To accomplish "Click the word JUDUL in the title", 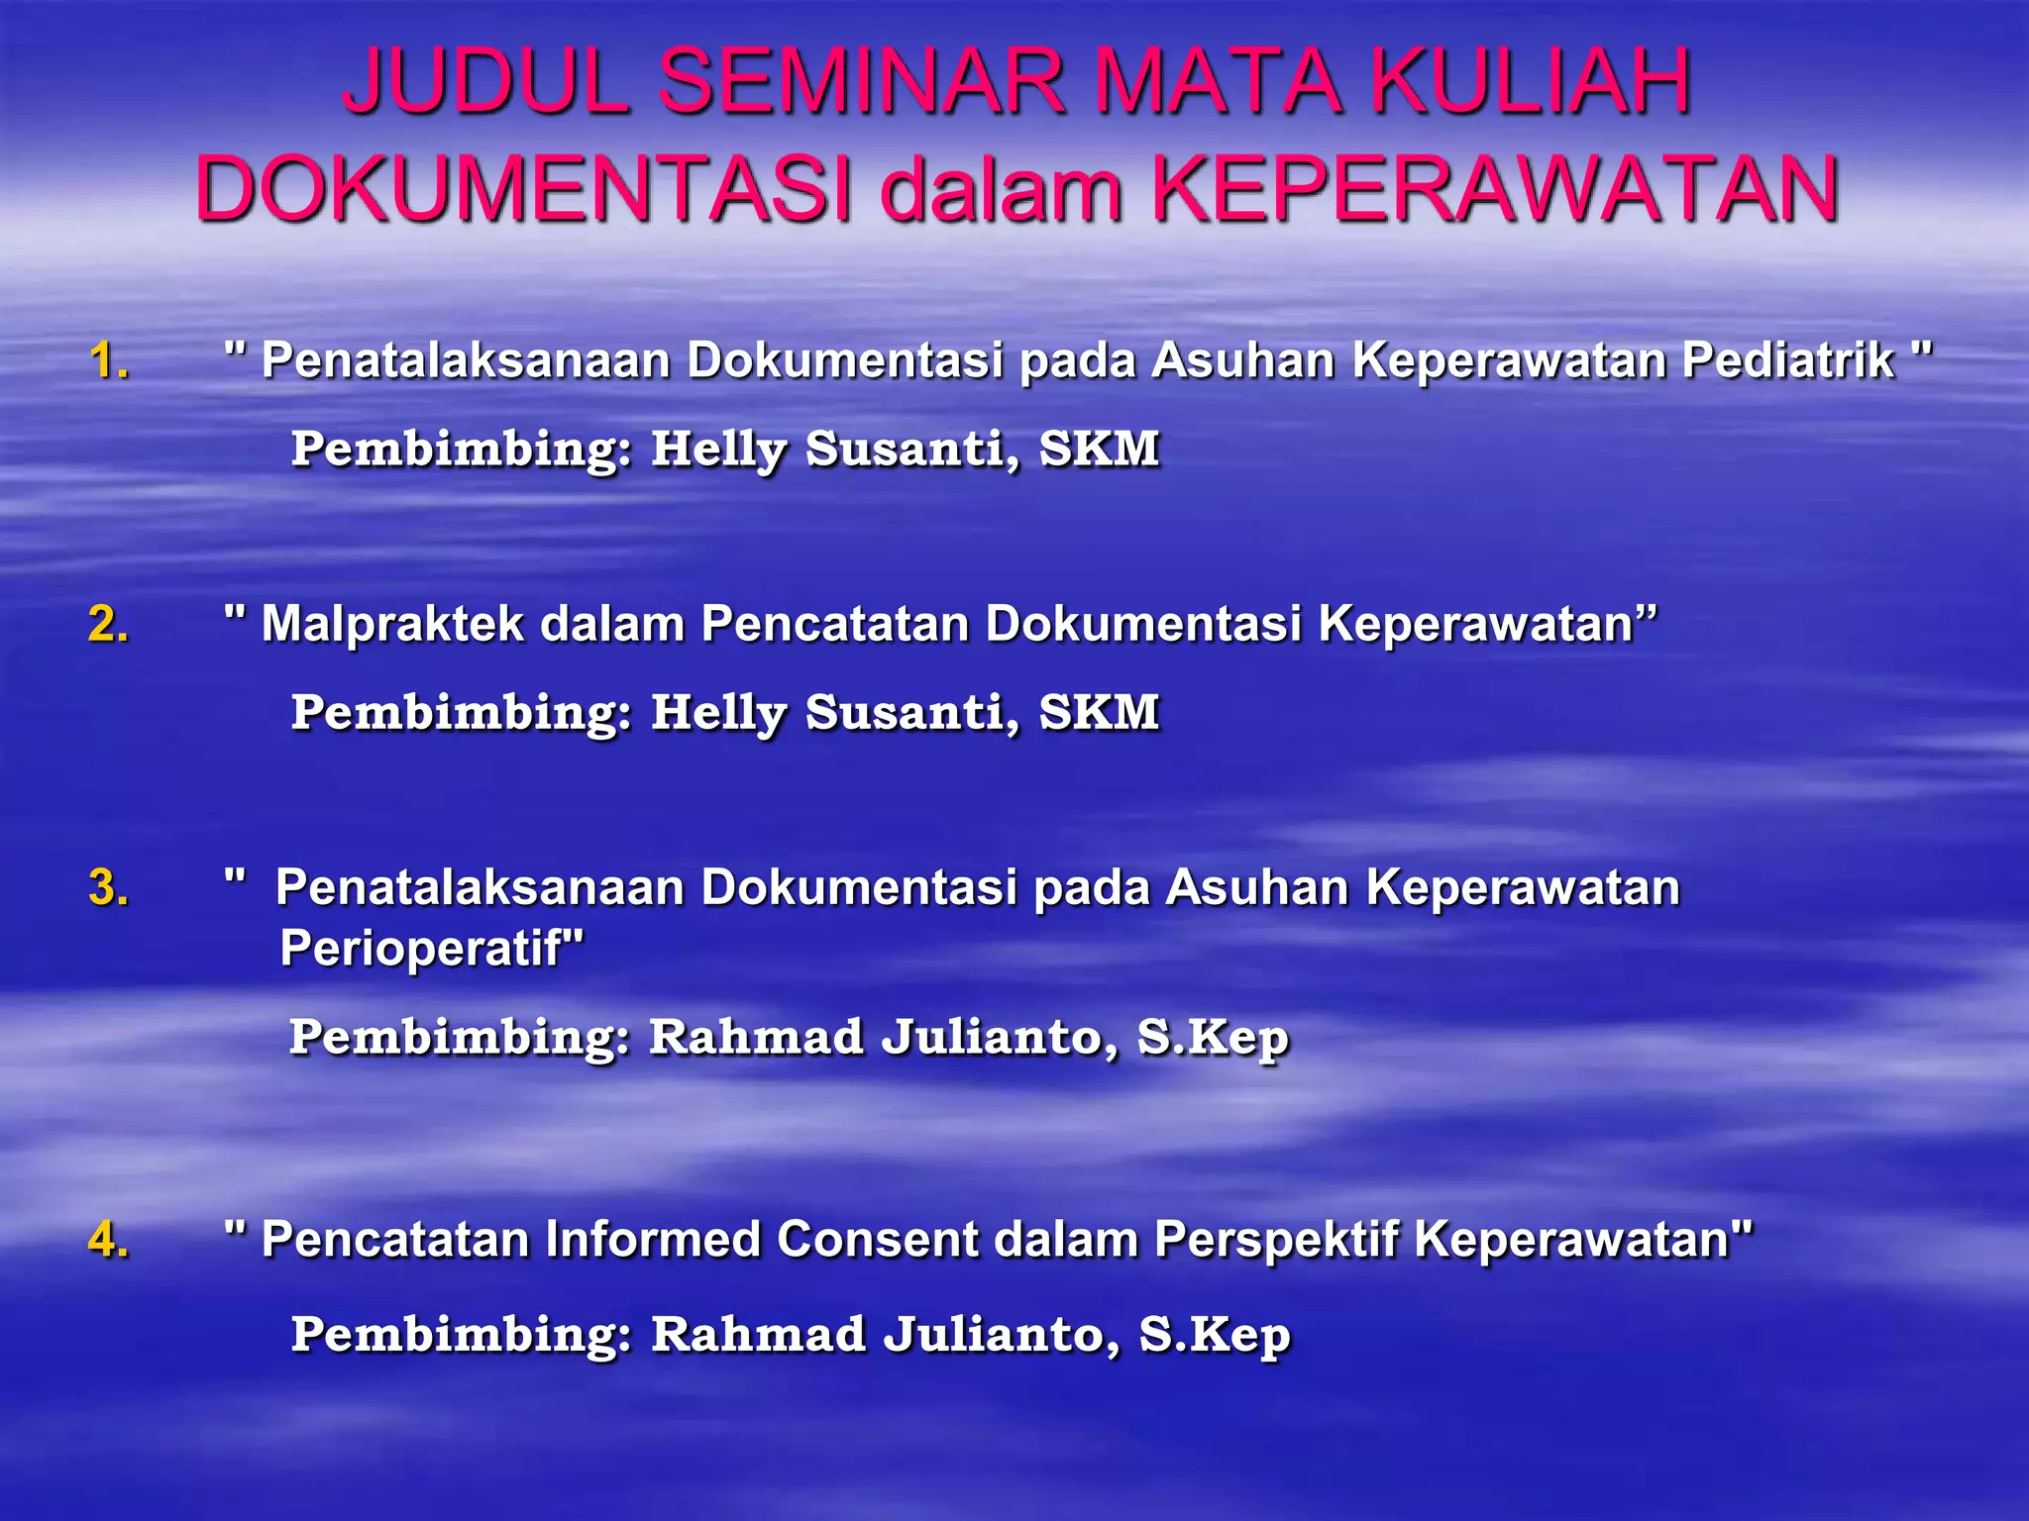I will coord(485,81).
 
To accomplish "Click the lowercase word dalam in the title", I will coord(1002,189).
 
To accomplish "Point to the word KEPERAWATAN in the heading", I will coord(1495,189).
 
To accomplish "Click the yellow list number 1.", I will coord(108,360).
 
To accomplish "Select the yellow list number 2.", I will coord(108,625).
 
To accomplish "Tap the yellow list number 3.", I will coord(108,887).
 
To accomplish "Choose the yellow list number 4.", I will coord(108,1240).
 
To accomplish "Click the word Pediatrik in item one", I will coord(1788,360).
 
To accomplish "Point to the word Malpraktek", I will coord(392,625).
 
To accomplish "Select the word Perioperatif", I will coord(421,949).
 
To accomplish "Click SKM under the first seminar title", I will coord(1099,449).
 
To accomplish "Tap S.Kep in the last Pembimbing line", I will coord(1215,1335).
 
